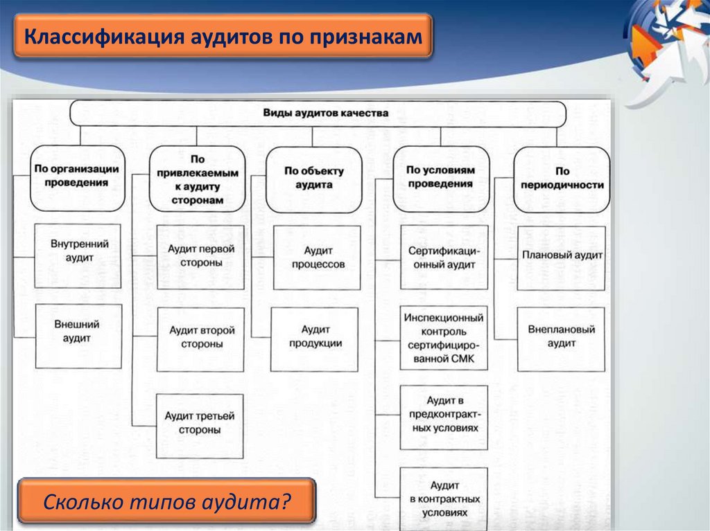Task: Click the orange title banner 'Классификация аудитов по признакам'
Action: pyautogui.click(x=223, y=35)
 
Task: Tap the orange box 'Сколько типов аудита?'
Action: pyautogui.click(x=166, y=499)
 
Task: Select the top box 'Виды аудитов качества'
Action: pyautogui.click(x=318, y=113)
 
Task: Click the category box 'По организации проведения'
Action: pyautogui.click(x=76, y=177)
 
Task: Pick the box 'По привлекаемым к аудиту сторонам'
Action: pyautogui.click(x=197, y=179)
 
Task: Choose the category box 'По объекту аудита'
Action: pyautogui.click(x=314, y=179)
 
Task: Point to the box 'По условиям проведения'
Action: pyautogui.click(x=440, y=178)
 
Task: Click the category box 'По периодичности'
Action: pyautogui.click(x=562, y=179)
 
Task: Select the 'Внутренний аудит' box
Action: pyautogui.click(x=78, y=255)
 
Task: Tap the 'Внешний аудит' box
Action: pyautogui.click(x=78, y=335)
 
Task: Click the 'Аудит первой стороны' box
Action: pyautogui.click(x=200, y=257)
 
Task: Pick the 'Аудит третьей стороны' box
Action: pyautogui.click(x=200, y=425)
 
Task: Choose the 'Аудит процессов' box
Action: pyautogui.click(x=317, y=257)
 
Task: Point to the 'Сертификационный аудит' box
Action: pyautogui.click(x=444, y=257)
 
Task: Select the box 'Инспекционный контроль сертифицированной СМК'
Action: pyautogui.click(x=444, y=339)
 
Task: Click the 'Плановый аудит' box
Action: pyautogui.click(x=562, y=257)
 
